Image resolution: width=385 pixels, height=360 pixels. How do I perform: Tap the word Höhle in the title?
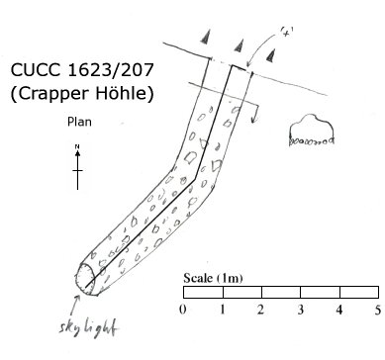tap(125, 93)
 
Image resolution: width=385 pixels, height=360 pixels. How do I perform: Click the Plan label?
tap(79, 122)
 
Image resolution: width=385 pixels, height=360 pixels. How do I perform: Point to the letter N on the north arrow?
tap(77, 146)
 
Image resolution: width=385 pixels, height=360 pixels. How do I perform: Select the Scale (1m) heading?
tap(213, 278)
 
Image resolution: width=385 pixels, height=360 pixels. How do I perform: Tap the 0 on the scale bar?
tap(183, 310)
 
